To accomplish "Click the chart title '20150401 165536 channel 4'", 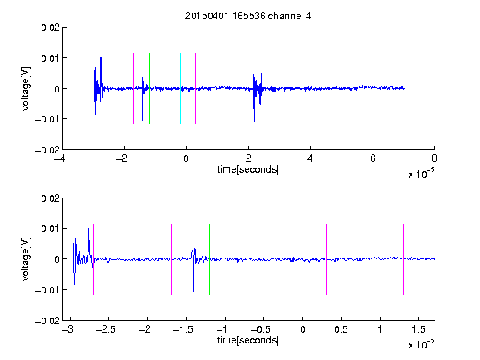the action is (x=247, y=16).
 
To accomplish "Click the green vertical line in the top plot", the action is (x=149, y=89).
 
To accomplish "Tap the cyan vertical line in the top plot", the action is (x=180, y=89).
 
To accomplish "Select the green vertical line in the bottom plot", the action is (x=209, y=260).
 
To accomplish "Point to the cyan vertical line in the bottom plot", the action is (x=287, y=260).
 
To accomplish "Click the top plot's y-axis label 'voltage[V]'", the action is (x=26, y=89).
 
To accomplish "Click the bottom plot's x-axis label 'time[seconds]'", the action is (x=248, y=340).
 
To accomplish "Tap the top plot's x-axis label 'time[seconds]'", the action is (x=248, y=169).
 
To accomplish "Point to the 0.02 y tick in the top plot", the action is (x=50, y=27).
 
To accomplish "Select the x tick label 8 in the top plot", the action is (x=434, y=158).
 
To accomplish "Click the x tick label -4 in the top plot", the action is (x=59, y=158).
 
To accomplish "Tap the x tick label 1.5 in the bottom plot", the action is (x=418, y=329).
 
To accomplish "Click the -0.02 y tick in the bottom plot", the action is (x=47, y=321).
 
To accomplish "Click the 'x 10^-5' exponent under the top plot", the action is (x=421, y=173).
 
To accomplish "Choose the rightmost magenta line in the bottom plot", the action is (x=403, y=260).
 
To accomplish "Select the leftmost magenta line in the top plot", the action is (x=102, y=89).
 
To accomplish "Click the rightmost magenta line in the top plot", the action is (x=227, y=89).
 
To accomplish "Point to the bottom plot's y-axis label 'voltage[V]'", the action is (x=26, y=259).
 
